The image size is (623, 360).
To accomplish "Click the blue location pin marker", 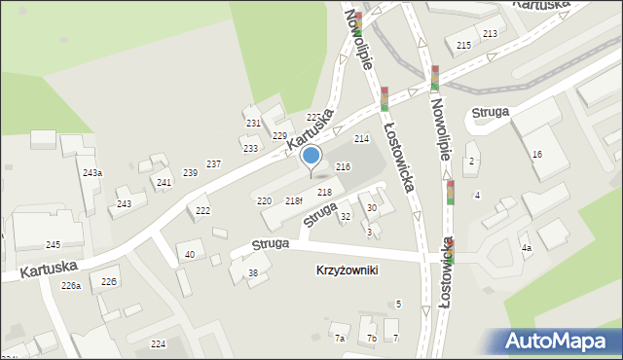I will (x=311, y=157).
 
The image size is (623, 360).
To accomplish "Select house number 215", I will (x=463, y=46).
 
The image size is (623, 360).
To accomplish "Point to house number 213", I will (x=489, y=34).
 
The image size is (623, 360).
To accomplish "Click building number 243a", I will (x=92, y=172).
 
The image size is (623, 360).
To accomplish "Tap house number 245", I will (x=53, y=244).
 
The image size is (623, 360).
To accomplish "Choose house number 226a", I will (x=70, y=285).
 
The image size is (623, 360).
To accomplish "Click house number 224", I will (x=158, y=344).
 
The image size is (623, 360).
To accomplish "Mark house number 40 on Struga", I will (x=190, y=255).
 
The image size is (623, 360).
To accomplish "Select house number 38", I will (x=253, y=273).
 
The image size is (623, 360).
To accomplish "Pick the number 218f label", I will (x=294, y=200).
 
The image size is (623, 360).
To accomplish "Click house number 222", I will (x=202, y=211).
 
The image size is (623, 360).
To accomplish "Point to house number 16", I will (x=536, y=155).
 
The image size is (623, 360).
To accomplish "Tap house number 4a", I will (x=526, y=248).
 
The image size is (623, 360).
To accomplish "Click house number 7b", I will (x=371, y=339).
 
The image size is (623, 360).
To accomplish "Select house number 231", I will (x=253, y=124).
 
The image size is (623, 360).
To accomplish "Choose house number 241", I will (x=165, y=183).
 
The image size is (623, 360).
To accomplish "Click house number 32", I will (x=345, y=216).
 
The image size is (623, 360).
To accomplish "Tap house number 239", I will (x=190, y=173).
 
